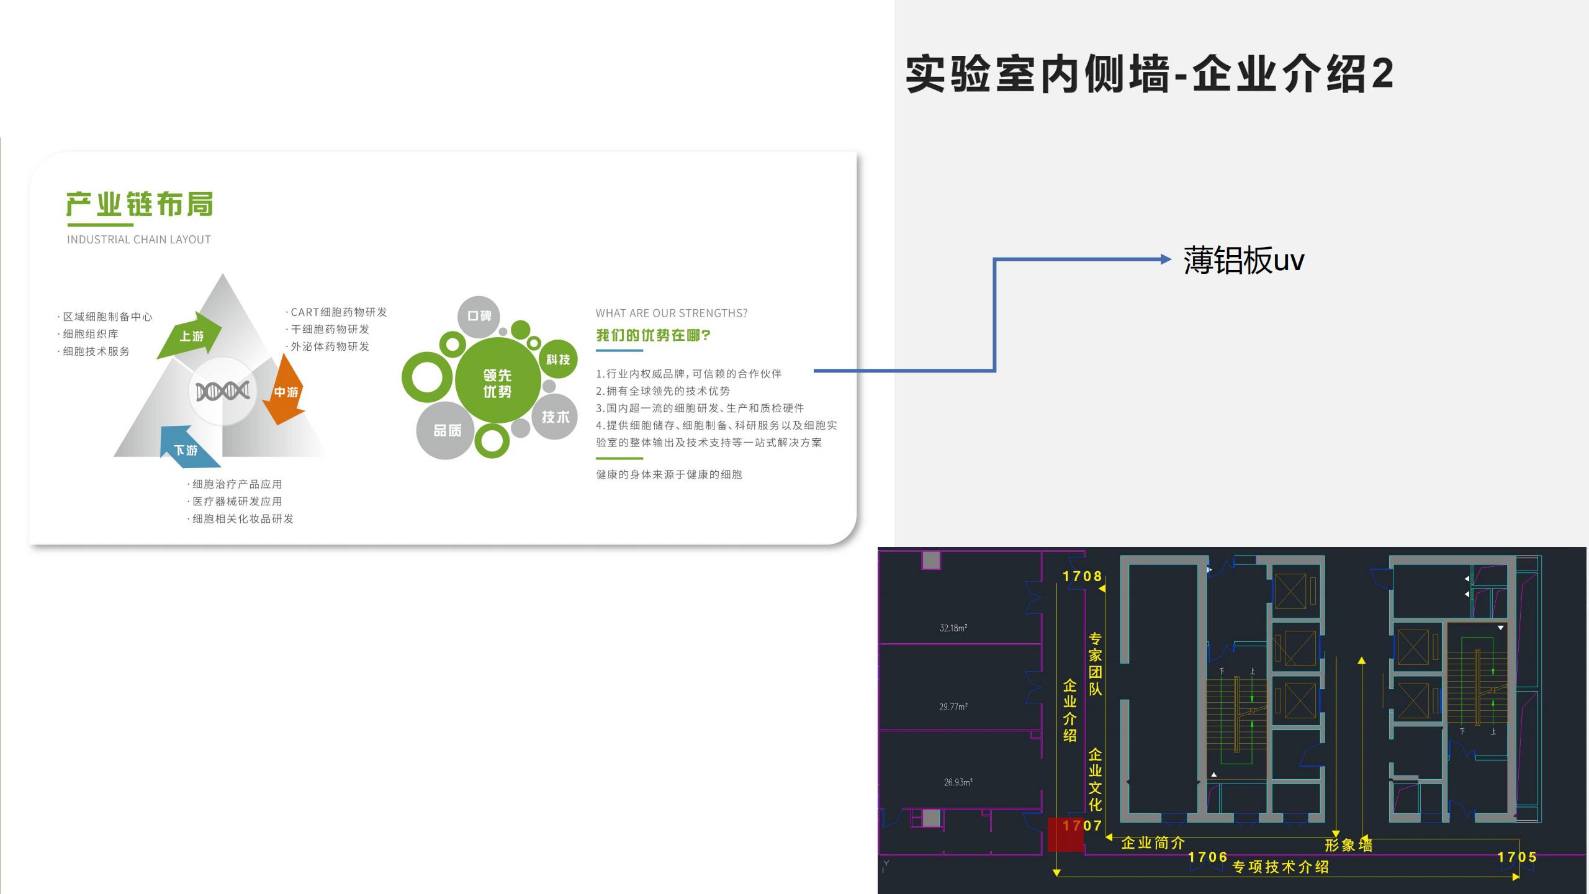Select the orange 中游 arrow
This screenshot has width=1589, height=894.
[x=284, y=389]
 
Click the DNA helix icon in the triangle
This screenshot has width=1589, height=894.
[x=222, y=391]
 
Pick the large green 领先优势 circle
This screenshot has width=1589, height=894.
[x=497, y=381]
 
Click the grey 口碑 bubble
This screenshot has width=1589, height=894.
[x=479, y=317]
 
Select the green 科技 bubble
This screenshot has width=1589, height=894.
[x=558, y=359]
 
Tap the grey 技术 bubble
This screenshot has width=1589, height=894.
[x=555, y=417]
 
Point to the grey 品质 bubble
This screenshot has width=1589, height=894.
[x=446, y=430]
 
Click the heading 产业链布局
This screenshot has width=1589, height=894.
[x=140, y=204]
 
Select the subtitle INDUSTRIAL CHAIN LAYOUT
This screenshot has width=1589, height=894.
[x=139, y=240]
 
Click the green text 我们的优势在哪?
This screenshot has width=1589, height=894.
[x=653, y=335]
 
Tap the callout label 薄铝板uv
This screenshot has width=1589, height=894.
[x=1244, y=260]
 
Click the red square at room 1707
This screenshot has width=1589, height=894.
[x=1066, y=834]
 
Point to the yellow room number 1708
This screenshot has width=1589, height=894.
[x=1082, y=576]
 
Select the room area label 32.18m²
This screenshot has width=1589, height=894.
[x=953, y=628]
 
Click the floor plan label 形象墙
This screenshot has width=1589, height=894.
[x=1349, y=844]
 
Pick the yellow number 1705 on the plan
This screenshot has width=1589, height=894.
[x=1517, y=857]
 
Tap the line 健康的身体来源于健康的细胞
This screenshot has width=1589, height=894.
[x=669, y=474]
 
